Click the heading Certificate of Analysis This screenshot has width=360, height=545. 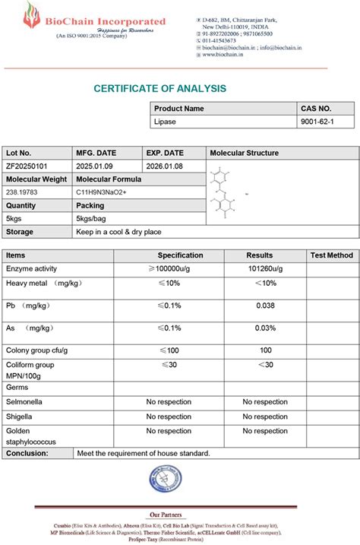tap(160, 88)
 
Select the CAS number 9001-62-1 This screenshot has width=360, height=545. tap(317, 121)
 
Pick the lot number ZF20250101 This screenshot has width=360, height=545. tap(27, 166)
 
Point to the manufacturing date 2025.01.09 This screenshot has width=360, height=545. tap(95, 166)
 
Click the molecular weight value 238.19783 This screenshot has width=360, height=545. tap(23, 192)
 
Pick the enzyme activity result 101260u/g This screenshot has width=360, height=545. tap(264, 269)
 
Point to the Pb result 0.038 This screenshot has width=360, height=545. tap(265, 306)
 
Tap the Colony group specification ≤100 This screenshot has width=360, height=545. tap(169, 350)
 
